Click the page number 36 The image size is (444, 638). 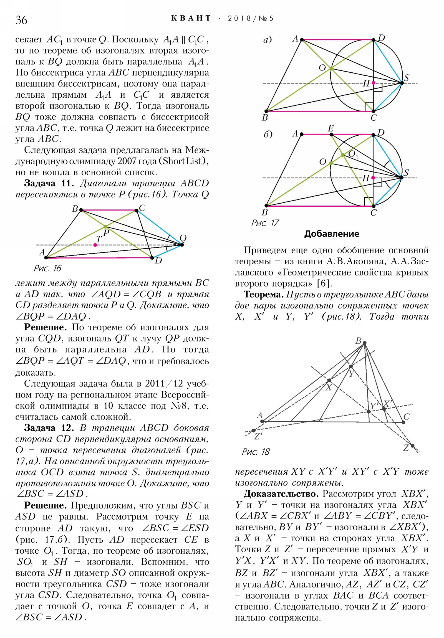[21, 20]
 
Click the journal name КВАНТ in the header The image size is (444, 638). [191, 18]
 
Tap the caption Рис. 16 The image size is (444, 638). [47, 268]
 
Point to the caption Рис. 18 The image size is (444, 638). [256, 452]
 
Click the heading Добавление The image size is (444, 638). [331, 234]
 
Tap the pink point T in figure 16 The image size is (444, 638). [95, 245]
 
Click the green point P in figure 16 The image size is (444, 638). [105, 227]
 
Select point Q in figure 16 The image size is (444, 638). [182, 245]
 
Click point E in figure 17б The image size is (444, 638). [331, 135]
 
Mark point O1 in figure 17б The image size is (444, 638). [343, 155]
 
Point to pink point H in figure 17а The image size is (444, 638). [374, 83]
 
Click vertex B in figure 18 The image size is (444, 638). [364, 343]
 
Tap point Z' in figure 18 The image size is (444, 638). [253, 431]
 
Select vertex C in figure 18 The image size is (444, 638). [403, 422]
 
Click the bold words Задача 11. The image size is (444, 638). [49, 183]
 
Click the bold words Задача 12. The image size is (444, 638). [49, 428]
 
